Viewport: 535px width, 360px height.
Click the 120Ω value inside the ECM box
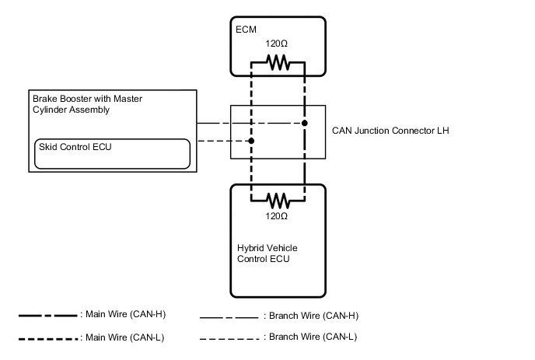coord(278,46)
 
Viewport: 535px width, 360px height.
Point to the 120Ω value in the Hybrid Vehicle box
coord(278,215)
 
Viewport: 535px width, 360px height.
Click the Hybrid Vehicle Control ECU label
coord(267,253)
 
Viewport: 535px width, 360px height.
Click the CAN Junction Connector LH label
coord(390,131)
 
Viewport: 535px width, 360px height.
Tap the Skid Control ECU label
coord(72,147)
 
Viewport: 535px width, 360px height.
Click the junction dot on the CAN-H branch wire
coord(305,123)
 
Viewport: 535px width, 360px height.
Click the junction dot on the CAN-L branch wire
coord(251,141)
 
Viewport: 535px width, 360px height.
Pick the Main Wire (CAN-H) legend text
coord(123,314)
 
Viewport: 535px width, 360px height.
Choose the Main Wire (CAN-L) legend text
coord(123,337)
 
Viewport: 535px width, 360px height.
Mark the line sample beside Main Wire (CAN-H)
coord(48,316)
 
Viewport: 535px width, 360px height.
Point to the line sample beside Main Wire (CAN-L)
coord(48,338)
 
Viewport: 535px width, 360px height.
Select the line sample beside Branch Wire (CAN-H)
coord(229,317)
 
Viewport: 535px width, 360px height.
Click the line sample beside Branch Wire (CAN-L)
coord(229,338)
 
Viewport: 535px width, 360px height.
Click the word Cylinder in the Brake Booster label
coord(51,110)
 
